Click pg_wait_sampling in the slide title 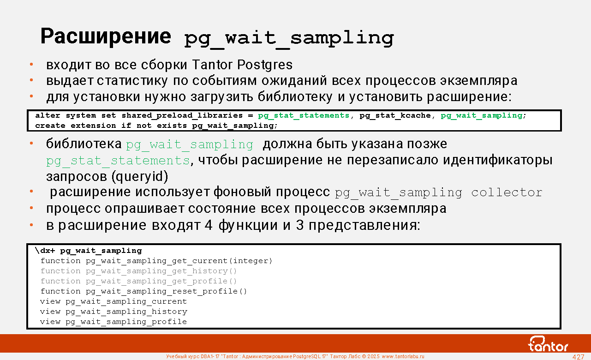(289, 39)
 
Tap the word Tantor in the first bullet (212, 65)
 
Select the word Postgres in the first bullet (265, 65)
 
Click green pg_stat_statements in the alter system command (304, 115)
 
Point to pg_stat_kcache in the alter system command (395, 115)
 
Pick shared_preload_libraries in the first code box (182, 115)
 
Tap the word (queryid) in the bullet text (140, 177)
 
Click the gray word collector (507, 192)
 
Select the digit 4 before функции (209, 225)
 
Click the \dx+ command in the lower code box (45, 251)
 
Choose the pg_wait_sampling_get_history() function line (139, 271)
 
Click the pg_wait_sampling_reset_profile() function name (167, 291)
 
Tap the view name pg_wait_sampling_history (126, 312)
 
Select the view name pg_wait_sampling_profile (126, 322)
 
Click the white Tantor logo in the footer (548, 344)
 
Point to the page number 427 (578, 357)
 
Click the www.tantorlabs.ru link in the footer (403, 356)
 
